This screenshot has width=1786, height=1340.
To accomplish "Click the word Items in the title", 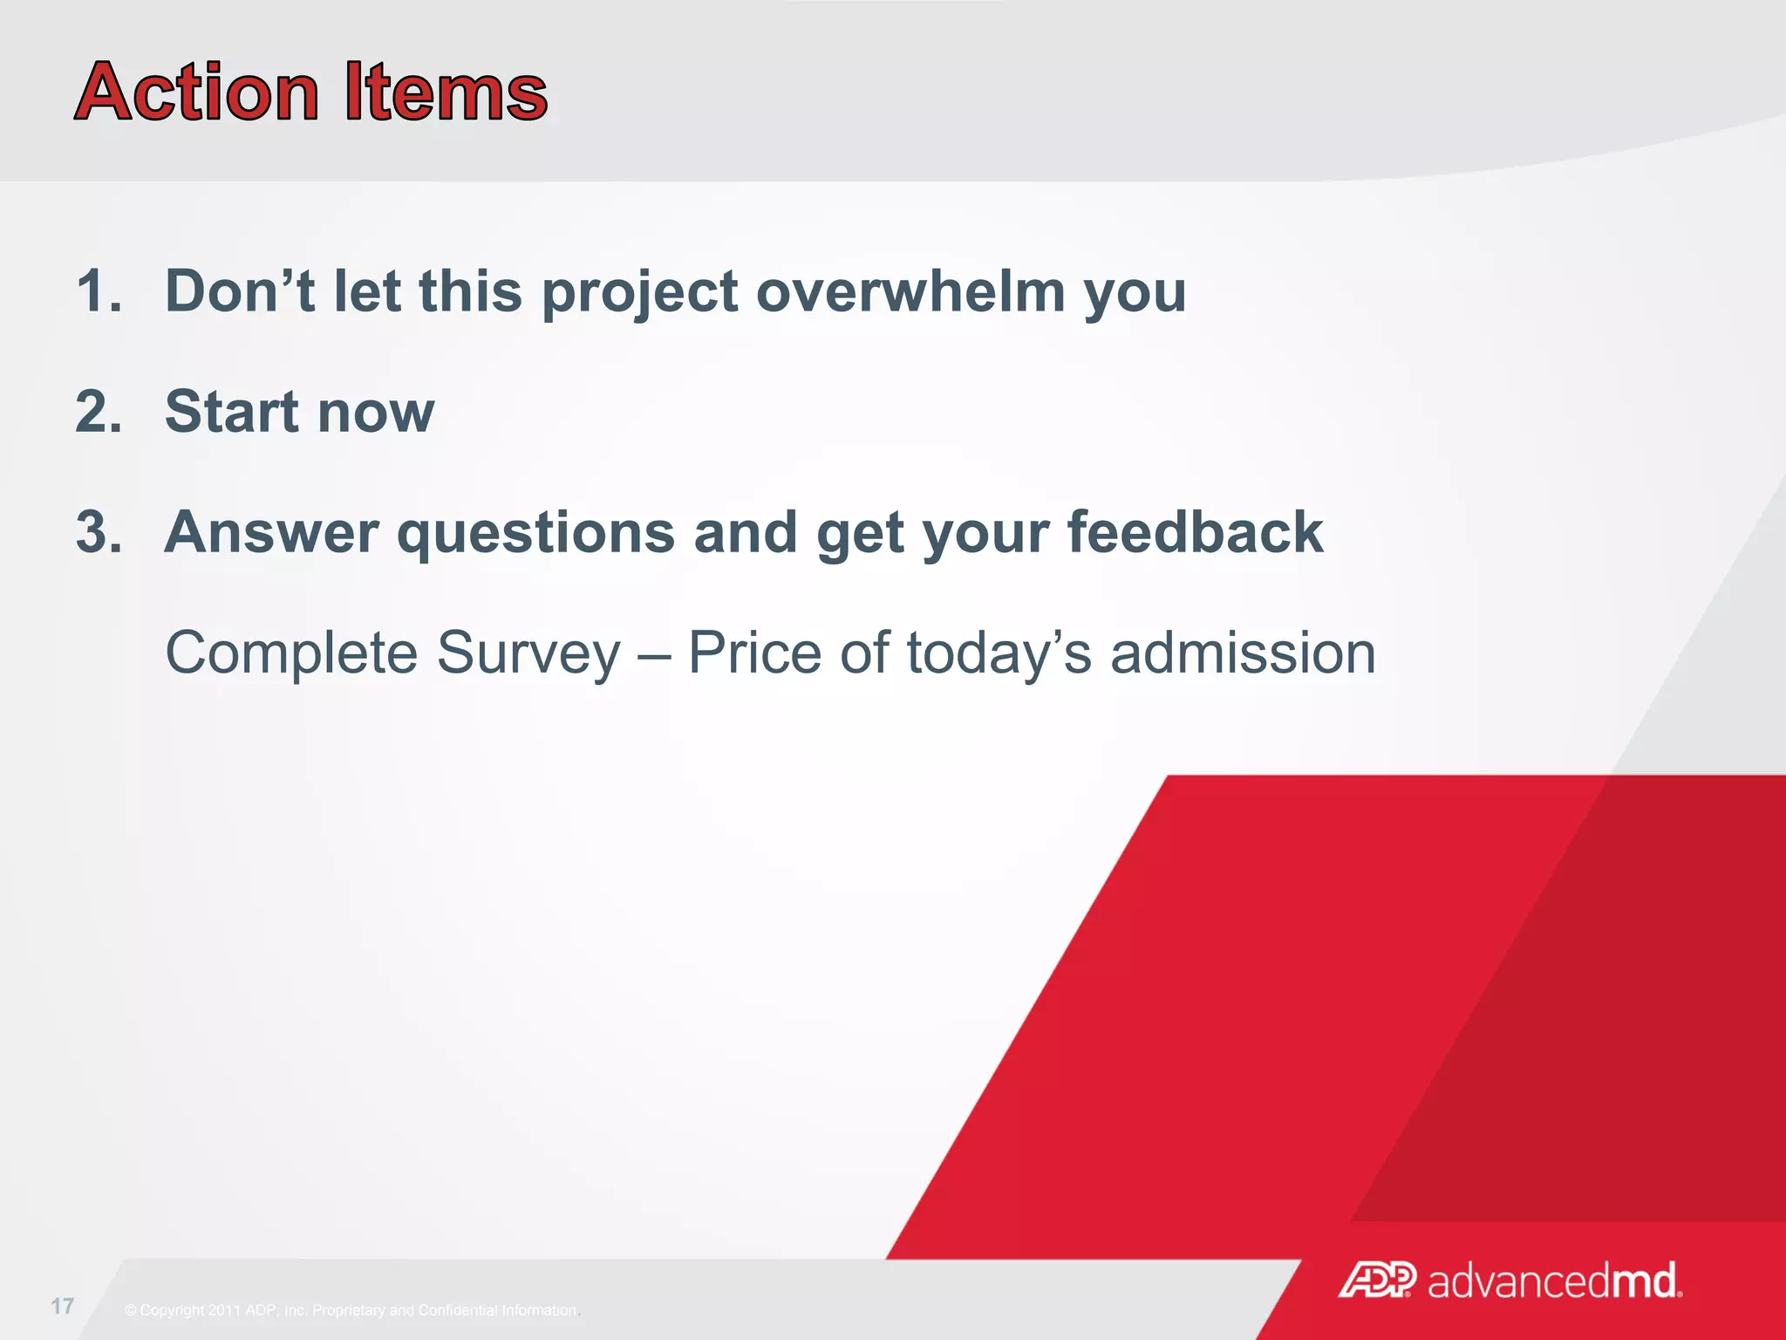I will tap(446, 92).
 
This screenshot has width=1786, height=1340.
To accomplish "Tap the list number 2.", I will tap(98, 412).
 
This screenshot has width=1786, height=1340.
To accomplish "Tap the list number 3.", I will tap(98, 532).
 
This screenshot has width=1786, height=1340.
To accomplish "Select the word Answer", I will tap(271, 532).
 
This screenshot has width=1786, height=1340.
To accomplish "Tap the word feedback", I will tap(1195, 532).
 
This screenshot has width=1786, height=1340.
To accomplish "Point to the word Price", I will tap(754, 653).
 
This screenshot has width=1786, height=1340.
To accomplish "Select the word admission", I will tap(1243, 653).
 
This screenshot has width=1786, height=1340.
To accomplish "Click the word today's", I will tap(999, 654).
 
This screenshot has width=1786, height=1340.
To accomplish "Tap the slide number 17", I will tap(63, 1306).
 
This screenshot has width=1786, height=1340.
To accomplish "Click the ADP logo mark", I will tap(1378, 1281).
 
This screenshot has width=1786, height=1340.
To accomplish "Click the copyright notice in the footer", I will tap(351, 1310).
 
